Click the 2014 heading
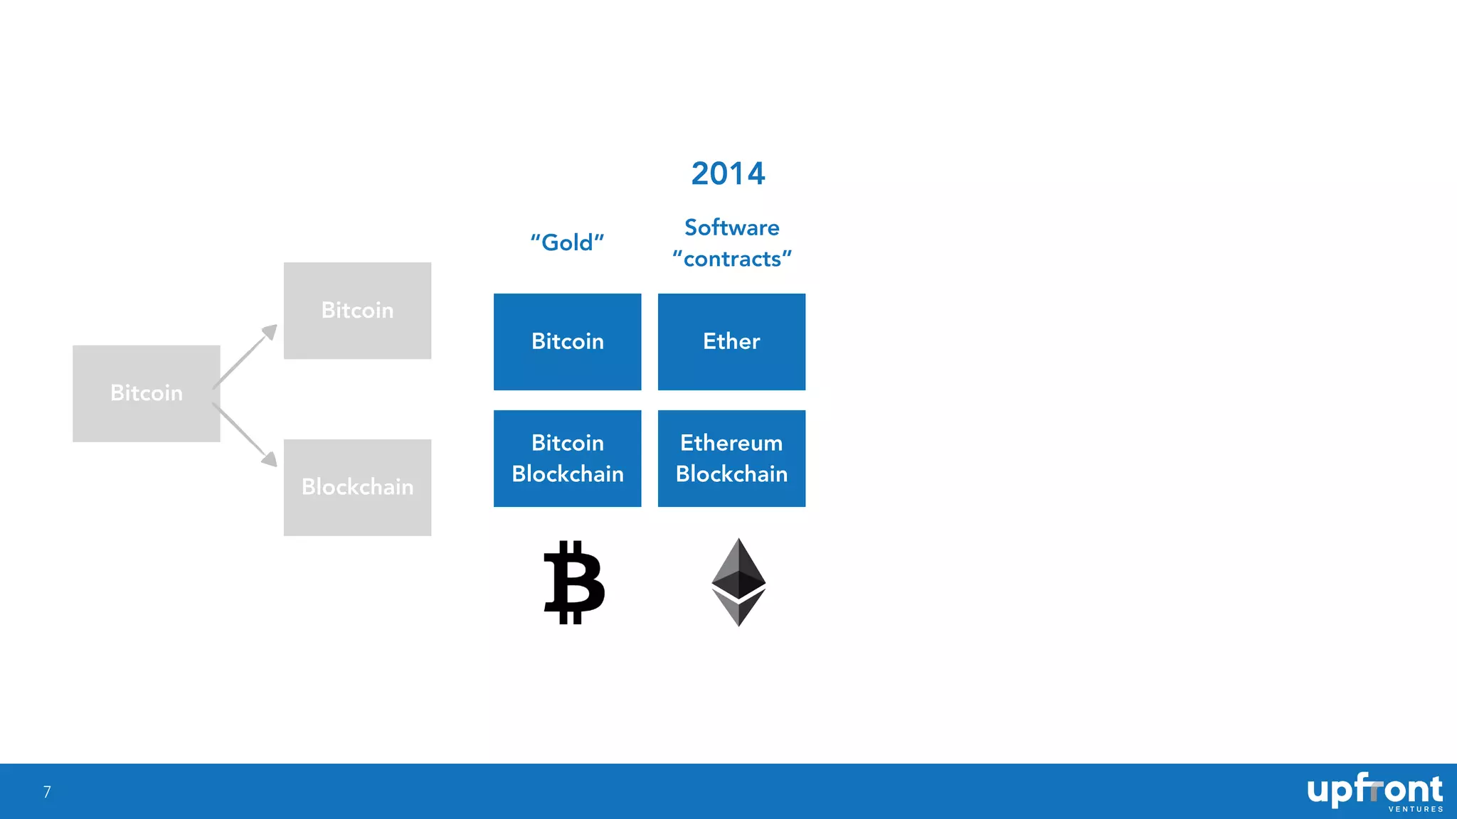[x=728, y=173]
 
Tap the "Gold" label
[x=567, y=242]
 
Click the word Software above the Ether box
[x=731, y=227]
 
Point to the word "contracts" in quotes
[x=731, y=259]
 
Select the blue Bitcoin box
[x=567, y=342]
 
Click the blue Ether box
[x=731, y=342]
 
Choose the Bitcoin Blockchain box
[x=567, y=459]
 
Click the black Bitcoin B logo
[x=573, y=582]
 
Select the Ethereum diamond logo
[x=738, y=582]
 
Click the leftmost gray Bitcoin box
[x=146, y=393]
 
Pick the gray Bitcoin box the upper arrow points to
[x=357, y=311]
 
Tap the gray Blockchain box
[x=357, y=487]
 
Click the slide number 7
[x=47, y=792]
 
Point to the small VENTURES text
[x=1415, y=809]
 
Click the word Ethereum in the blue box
[x=731, y=443]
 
